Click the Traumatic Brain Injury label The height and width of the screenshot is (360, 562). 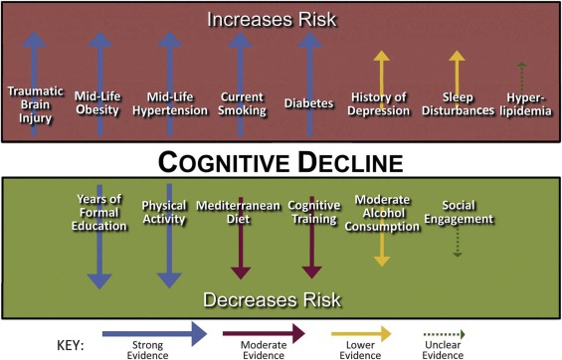[35, 103]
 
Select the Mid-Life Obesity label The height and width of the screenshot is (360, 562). [98, 103]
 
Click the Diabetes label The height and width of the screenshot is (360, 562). [307, 102]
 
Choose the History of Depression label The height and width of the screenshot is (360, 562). [381, 102]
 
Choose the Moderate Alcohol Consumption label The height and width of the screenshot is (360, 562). [382, 211]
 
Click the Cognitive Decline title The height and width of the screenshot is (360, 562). [281, 159]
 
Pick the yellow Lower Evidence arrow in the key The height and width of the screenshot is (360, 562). [355, 331]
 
